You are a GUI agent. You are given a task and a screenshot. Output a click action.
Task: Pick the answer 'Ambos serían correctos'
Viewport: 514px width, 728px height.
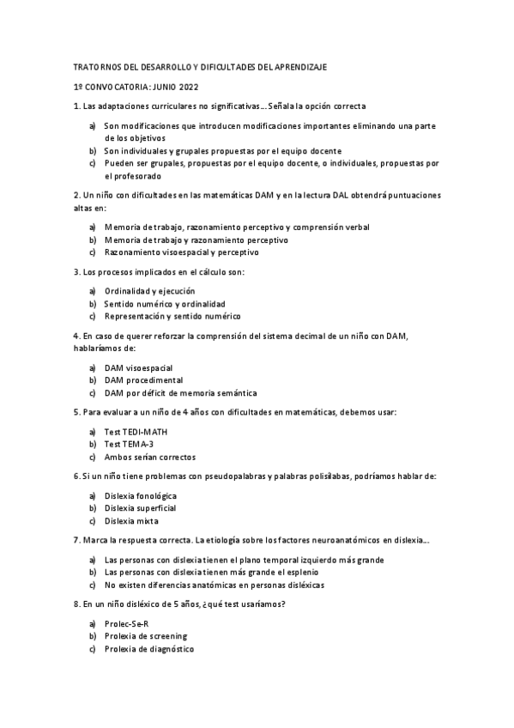(x=149, y=457)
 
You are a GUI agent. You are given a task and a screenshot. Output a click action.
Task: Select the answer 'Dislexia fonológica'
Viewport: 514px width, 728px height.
(x=140, y=496)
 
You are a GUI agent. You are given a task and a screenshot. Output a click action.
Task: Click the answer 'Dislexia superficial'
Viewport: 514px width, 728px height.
(x=140, y=508)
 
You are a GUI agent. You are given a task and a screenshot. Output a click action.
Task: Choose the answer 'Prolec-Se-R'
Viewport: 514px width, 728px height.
(x=126, y=624)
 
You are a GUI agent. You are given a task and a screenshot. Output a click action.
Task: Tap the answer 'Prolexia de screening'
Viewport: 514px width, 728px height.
(x=145, y=636)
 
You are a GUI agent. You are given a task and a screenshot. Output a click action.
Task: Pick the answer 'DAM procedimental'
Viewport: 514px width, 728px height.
(x=142, y=379)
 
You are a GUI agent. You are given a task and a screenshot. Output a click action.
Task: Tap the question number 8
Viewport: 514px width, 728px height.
(x=76, y=604)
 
